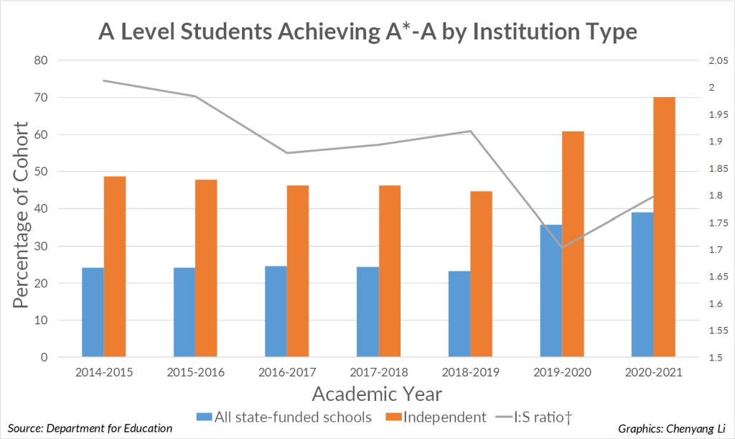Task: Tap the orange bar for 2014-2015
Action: [x=115, y=267]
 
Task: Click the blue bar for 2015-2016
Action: [x=184, y=313]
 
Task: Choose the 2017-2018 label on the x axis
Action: [x=379, y=372]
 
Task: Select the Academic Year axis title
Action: [x=377, y=394]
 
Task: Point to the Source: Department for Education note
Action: [x=90, y=428]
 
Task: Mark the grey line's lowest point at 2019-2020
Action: [x=561, y=247]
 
